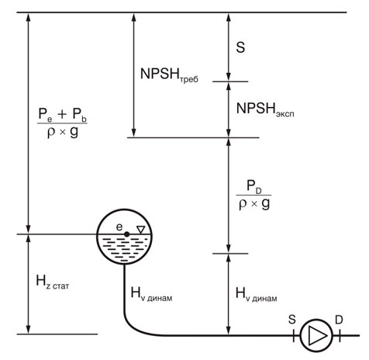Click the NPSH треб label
[169, 75]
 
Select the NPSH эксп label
[265, 109]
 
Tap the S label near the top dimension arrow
[240, 47]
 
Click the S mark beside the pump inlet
[292, 320]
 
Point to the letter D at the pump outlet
[339, 320]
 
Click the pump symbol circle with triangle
[316, 336]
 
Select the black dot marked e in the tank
[126, 234]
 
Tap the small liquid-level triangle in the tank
[141, 230]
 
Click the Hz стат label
[53, 282]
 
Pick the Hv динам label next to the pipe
[151, 294]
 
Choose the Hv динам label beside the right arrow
[257, 295]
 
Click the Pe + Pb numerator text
[62, 115]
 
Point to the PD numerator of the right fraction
[254, 187]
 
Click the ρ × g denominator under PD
[254, 203]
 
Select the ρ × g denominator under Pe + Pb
[63, 132]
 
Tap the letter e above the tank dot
[119, 227]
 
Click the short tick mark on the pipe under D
[340, 336]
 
